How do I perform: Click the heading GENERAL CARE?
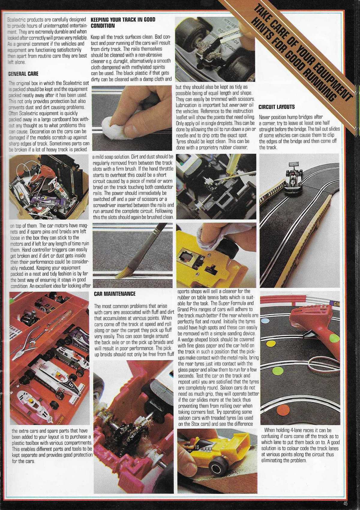point(23,73)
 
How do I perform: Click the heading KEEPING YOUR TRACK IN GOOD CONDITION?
point(123,22)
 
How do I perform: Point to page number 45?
point(346,504)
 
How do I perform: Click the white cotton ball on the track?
point(111,123)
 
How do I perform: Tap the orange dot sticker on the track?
point(281,410)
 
